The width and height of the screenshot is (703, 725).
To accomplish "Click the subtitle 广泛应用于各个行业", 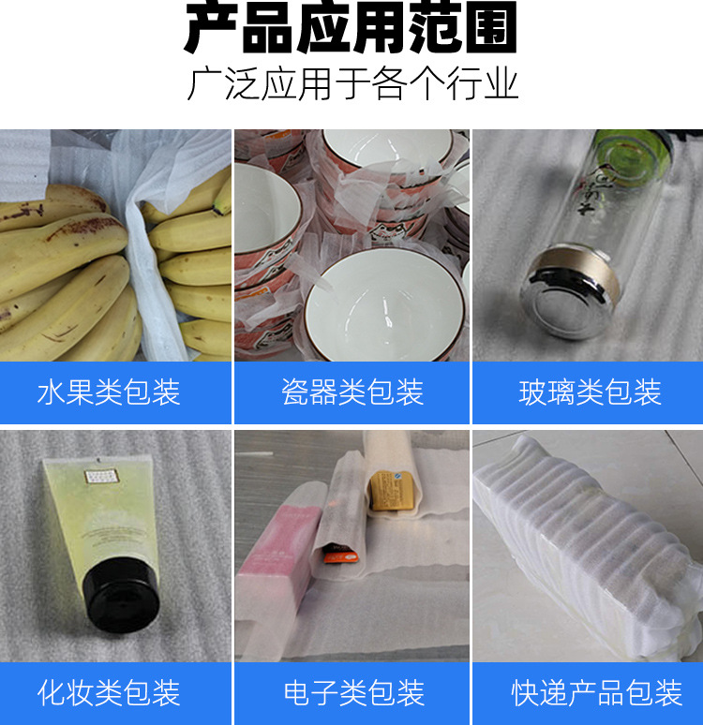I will [x=351, y=84].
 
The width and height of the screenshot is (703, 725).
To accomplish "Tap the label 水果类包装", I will [x=109, y=392].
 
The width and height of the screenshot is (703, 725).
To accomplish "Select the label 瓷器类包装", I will [x=352, y=392].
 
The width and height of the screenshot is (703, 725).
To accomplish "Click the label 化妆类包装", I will [x=109, y=693].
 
